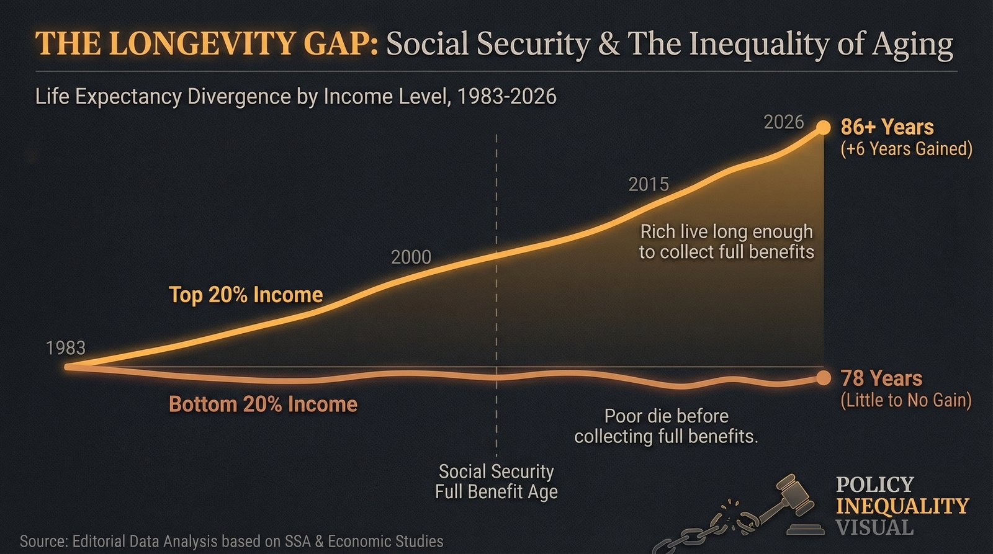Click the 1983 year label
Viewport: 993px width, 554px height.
pyautogui.click(x=65, y=348)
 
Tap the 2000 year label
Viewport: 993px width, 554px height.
pyautogui.click(x=411, y=257)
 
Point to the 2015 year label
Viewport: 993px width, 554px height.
pyautogui.click(x=649, y=184)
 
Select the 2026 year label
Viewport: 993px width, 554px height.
pyautogui.click(x=783, y=122)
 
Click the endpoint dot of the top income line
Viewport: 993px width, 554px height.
pyautogui.click(x=823, y=127)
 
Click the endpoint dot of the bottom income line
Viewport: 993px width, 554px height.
pyautogui.click(x=823, y=378)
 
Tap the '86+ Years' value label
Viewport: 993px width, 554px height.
pyautogui.click(x=887, y=127)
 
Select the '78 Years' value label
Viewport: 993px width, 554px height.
pyautogui.click(x=881, y=378)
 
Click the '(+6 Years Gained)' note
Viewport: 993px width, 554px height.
pyautogui.click(x=906, y=149)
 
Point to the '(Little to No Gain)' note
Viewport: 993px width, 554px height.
pyautogui.click(x=905, y=400)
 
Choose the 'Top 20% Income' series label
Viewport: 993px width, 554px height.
pyautogui.click(x=246, y=295)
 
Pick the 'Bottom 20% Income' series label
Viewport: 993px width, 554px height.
pyautogui.click(x=263, y=404)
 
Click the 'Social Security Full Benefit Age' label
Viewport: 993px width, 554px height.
pyautogui.click(x=496, y=481)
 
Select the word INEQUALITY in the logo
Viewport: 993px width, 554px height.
pyautogui.click(x=902, y=506)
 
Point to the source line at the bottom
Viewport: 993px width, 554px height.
pyautogui.click(x=231, y=541)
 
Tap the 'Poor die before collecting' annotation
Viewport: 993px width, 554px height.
pyautogui.click(x=666, y=426)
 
